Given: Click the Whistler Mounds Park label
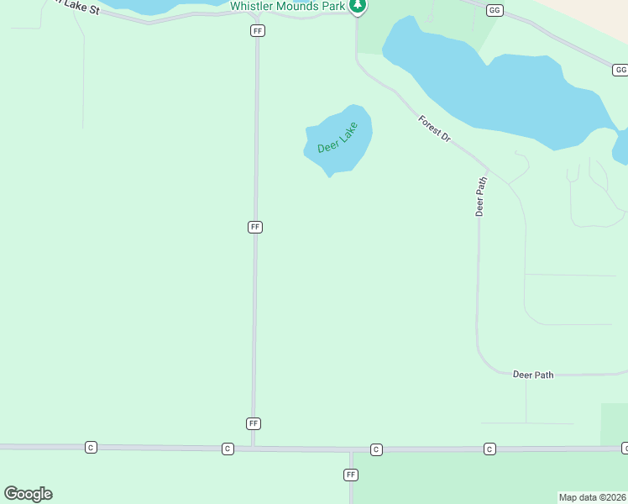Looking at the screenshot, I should [288, 5].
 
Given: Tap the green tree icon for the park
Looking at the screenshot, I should [358, 6].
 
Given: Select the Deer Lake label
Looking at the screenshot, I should [338, 138].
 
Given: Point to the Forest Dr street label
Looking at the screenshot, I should [435, 128].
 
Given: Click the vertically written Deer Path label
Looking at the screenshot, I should [481, 197].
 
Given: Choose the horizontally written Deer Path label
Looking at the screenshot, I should [533, 375].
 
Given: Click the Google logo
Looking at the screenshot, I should [28, 494].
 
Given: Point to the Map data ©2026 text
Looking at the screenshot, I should [592, 496].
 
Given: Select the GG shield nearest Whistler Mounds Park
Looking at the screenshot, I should [494, 10].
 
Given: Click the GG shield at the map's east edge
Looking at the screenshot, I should [620, 71].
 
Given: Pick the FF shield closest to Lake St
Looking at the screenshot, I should [258, 30].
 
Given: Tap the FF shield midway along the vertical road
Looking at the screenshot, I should [255, 227].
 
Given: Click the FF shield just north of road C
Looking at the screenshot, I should [254, 423].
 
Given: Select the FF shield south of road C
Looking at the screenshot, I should [351, 475].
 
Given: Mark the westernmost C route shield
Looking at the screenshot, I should [91, 448].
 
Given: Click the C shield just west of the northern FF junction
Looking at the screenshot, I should [228, 449].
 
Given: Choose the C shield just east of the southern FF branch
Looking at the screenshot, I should [376, 449].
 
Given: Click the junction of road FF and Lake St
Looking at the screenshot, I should [258, 14].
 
